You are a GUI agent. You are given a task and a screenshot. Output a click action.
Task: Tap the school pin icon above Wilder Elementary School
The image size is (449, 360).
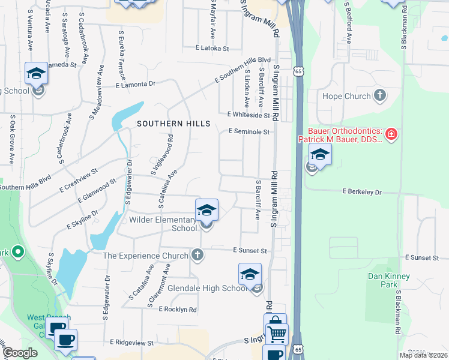(x=206, y=210)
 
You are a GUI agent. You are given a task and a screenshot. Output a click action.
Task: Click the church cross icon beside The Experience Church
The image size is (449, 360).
(x=196, y=256)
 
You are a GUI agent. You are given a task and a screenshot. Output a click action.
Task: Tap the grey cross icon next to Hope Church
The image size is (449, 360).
(x=379, y=95)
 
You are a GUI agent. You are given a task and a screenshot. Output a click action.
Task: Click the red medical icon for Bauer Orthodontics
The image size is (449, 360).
(x=391, y=134)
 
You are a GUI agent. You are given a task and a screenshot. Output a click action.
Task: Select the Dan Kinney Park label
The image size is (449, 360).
(x=389, y=280)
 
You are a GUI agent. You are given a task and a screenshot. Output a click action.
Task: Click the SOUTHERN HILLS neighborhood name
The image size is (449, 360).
(x=173, y=124)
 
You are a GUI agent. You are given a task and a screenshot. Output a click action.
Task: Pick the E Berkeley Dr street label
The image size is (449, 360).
(x=362, y=192)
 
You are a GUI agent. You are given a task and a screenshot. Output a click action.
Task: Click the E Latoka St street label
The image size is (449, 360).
(x=212, y=48)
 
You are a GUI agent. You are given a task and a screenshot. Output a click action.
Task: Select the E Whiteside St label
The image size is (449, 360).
(x=249, y=115)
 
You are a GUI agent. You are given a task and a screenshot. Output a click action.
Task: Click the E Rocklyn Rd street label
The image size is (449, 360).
(x=178, y=310)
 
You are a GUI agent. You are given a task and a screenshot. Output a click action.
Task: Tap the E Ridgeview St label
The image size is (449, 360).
(x=132, y=342)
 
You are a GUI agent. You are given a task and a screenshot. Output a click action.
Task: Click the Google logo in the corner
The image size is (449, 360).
(x=20, y=353)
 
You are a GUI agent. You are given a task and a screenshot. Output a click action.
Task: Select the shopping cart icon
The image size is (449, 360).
(x=277, y=333)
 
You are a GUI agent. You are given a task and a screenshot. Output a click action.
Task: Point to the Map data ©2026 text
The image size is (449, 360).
(x=423, y=355)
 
